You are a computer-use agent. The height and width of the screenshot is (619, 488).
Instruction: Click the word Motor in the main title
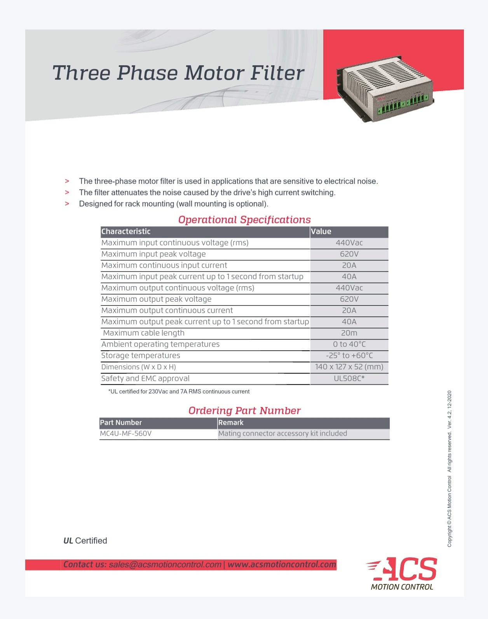(214, 73)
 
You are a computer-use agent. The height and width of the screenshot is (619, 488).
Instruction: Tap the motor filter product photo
(385, 88)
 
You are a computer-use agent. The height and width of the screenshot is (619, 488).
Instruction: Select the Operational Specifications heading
(244, 220)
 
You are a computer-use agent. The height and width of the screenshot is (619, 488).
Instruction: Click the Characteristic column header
(126, 231)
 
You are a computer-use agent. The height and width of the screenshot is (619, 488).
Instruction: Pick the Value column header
(321, 231)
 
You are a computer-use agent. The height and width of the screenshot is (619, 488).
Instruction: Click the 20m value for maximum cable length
(349, 333)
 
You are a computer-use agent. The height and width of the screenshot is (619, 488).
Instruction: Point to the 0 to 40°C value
(349, 344)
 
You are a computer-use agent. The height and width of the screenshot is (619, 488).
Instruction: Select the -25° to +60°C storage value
(349, 356)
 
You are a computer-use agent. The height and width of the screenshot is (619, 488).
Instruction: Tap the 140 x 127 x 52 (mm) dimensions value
(349, 367)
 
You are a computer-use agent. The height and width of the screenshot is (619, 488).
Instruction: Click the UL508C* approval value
(349, 378)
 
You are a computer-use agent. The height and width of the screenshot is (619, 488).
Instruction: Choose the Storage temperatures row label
(141, 356)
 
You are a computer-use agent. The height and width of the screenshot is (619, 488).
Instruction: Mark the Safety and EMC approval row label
(145, 378)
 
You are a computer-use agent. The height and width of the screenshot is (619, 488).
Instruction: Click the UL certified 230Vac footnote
(179, 391)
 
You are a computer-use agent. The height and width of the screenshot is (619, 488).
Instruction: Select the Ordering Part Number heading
(244, 410)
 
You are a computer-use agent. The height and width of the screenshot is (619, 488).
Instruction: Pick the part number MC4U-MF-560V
(125, 433)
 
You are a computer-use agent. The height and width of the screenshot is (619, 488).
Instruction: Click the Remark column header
(231, 423)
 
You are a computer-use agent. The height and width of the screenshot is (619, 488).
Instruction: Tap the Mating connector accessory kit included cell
(282, 433)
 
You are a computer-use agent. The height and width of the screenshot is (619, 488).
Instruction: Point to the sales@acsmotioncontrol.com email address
(165, 564)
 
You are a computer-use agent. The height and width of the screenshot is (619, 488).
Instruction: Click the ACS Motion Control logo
(402, 574)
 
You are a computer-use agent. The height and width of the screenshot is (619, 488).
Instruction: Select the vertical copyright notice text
(450, 469)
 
